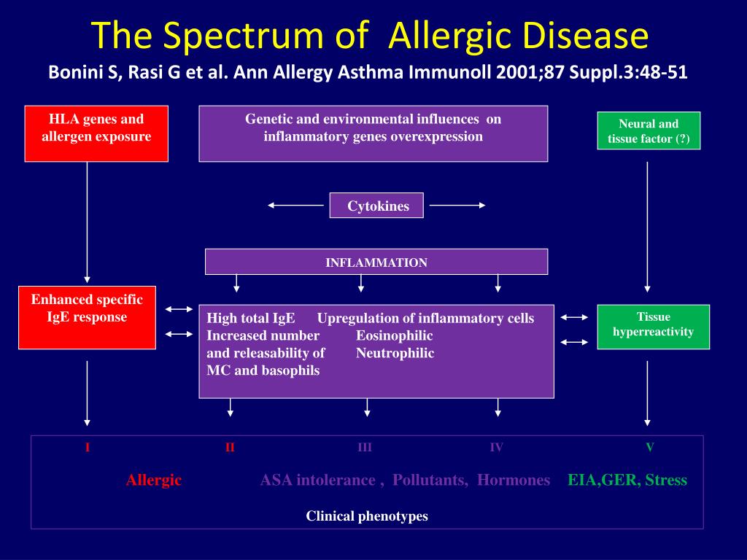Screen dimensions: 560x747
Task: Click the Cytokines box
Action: pyautogui.click(x=376, y=206)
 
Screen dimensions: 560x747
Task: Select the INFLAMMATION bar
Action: pyautogui.click(x=376, y=262)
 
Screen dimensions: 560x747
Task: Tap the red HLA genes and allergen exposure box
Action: pyautogui.click(x=96, y=133)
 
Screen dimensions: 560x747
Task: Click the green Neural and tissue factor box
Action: pyautogui.click(x=649, y=131)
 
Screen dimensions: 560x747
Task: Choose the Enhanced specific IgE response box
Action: pyautogui.click(x=87, y=317)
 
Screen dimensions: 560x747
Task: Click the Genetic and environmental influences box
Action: pyautogui.click(x=373, y=133)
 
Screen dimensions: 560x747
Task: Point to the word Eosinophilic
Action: pyautogui.click(x=394, y=335)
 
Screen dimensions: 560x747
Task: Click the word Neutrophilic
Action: pyautogui.click(x=395, y=353)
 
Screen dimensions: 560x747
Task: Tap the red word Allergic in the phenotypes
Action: pyautogui.click(x=153, y=480)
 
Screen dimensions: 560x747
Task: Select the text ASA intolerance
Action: pyautogui.click(x=317, y=480)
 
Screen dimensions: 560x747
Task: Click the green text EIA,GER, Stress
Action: pyautogui.click(x=627, y=480)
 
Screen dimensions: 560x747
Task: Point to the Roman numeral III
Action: pyautogui.click(x=365, y=447)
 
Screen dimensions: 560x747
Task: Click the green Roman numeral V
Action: pyautogui.click(x=649, y=447)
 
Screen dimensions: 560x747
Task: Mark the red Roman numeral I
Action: pyautogui.click(x=88, y=448)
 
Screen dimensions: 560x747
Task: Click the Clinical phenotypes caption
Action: pyautogui.click(x=367, y=516)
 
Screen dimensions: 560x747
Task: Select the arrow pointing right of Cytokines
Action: pyautogui.click(x=457, y=206)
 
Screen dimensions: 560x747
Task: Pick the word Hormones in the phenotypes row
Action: pyautogui.click(x=514, y=480)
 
